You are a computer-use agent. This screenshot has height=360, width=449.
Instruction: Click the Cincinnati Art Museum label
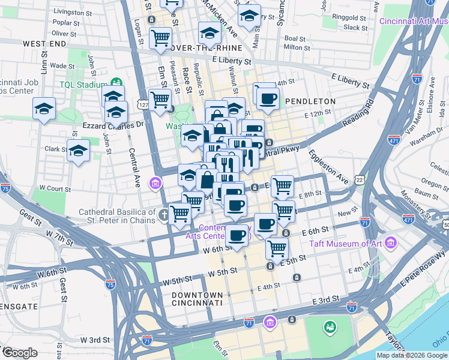pos(414,21)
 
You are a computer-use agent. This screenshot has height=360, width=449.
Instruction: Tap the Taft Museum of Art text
pos(345,244)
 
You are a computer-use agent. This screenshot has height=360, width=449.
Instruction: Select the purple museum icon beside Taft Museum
pos(391,243)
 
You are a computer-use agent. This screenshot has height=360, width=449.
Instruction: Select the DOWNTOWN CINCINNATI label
pos(197,299)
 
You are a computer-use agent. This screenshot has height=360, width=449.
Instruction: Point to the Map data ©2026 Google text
pos(411,355)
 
